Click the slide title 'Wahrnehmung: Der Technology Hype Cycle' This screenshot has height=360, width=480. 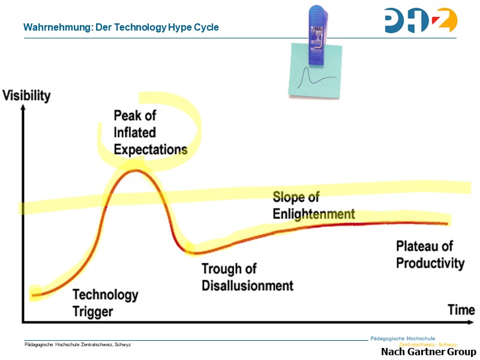pyautogui.click(x=121, y=27)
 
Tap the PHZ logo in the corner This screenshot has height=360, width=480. pyautogui.click(x=420, y=20)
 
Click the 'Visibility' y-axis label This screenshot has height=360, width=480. pyautogui.click(x=27, y=95)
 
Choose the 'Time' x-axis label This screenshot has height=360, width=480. pyautogui.click(x=461, y=310)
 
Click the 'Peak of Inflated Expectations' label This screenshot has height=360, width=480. pyautogui.click(x=151, y=132)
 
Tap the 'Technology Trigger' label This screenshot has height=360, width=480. pyautogui.click(x=105, y=303)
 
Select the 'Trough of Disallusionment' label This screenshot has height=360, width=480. pyautogui.click(x=247, y=277)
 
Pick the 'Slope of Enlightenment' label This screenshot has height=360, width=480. pyautogui.click(x=313, y=205)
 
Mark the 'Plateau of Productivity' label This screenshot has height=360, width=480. pyautogui.click(x=430, y=254)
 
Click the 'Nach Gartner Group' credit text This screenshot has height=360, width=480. pyautogui.click(x=428, y=352)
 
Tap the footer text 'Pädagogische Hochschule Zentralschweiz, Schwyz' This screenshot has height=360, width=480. pyautogui.click(x=77, y=344)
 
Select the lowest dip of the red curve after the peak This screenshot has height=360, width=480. pyautogui.click(x=196, y=250)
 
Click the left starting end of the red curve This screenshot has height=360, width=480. pyautogui.click(x=34, y=295)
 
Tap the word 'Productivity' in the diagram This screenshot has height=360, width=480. pyautogui.click(x=430, y=263)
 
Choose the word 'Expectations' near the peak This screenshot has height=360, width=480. pyautogui.click(x=151, y=148)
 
